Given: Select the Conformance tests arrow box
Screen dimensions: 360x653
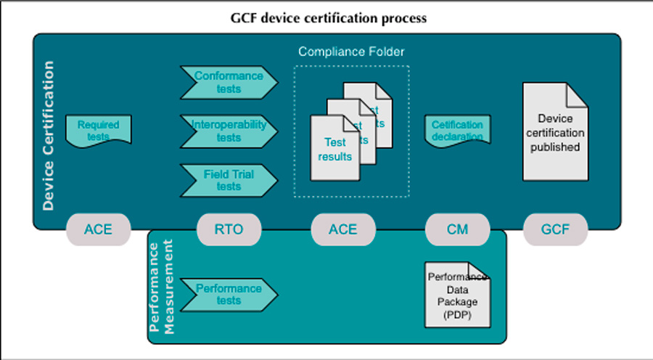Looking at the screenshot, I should click(229, 82).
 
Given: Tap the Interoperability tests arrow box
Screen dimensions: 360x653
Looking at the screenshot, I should click(229, 131).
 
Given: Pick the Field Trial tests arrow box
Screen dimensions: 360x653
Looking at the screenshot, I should click(229, 180).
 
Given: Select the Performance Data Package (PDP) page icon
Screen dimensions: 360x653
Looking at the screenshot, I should click(457, 295).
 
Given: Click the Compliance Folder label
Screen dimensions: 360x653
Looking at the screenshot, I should click(351, 52).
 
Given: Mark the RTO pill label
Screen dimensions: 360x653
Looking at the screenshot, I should click(229, 230).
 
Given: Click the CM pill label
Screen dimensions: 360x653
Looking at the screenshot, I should click(457, 230).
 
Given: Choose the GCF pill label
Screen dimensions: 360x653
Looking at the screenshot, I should click(555, 230).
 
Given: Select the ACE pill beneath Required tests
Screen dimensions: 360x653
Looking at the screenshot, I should click(98, 230).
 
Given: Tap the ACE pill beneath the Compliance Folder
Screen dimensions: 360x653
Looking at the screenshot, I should click(343, 230).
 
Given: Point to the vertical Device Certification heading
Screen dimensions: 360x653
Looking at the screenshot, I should click(49, 136).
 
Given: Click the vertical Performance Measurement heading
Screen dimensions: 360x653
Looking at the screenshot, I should click(161, 287).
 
